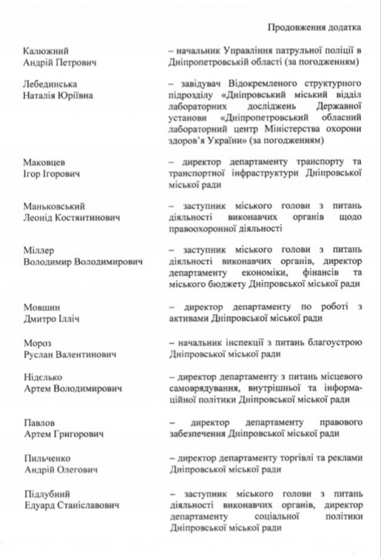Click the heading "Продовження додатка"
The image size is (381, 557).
(309, 26)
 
